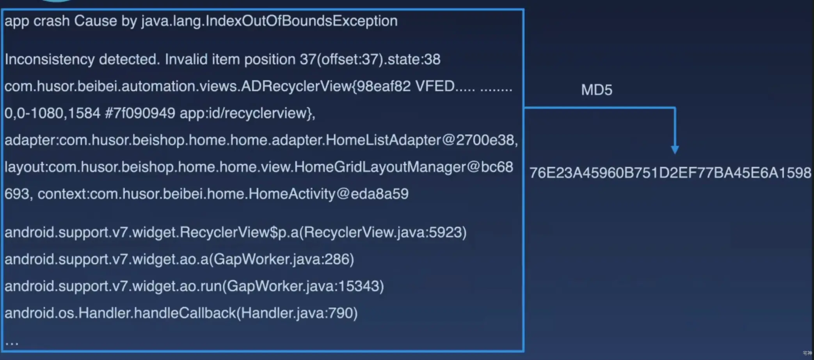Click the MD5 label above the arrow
(x=596, y=90)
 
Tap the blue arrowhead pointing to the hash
(x=675, y=150)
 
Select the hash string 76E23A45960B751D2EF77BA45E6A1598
(x=670, y=173)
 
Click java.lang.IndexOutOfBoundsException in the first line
(x=269, y=21)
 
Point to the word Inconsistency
(x=50, y=60)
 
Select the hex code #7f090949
(x=140, y=114)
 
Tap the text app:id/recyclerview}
(x=247, y=114)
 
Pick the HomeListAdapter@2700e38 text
(x=421, y=140)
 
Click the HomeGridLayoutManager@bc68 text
(x=403, y=167)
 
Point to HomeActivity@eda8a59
(x=328, y=194)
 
